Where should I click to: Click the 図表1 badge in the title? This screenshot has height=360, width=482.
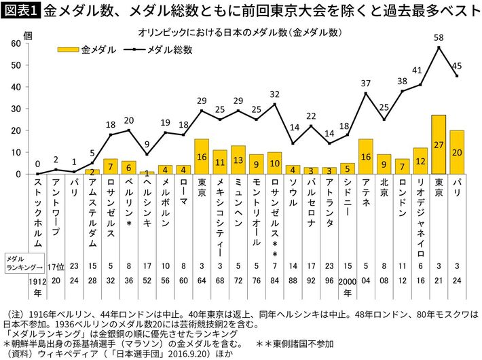(x=22, y=12)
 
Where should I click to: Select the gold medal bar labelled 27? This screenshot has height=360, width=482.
(x=439, y=145)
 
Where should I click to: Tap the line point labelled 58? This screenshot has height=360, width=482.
(x=439, y=48)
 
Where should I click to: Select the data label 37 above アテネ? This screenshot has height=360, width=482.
(x=366, y=83)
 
